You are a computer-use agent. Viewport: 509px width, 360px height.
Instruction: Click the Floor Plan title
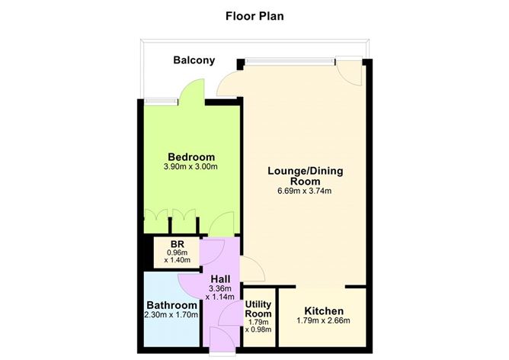pos(254,14)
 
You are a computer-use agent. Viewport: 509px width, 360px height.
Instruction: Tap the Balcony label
pos(194,60)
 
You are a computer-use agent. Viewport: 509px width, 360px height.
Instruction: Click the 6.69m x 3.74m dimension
pos(305,191)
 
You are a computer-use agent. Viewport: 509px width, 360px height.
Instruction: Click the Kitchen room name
pos(324,311)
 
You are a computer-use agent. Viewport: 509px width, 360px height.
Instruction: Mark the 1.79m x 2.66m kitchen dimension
pos(324,322)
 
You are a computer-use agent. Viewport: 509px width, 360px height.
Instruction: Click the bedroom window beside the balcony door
pos(158,98)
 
